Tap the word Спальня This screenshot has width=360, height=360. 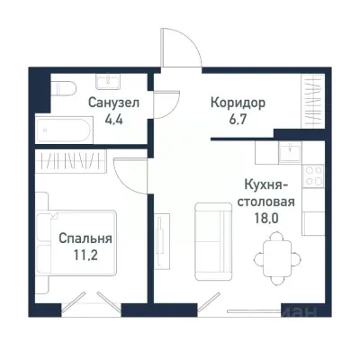tap(85, 239)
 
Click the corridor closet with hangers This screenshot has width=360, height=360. tap(313, 99)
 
